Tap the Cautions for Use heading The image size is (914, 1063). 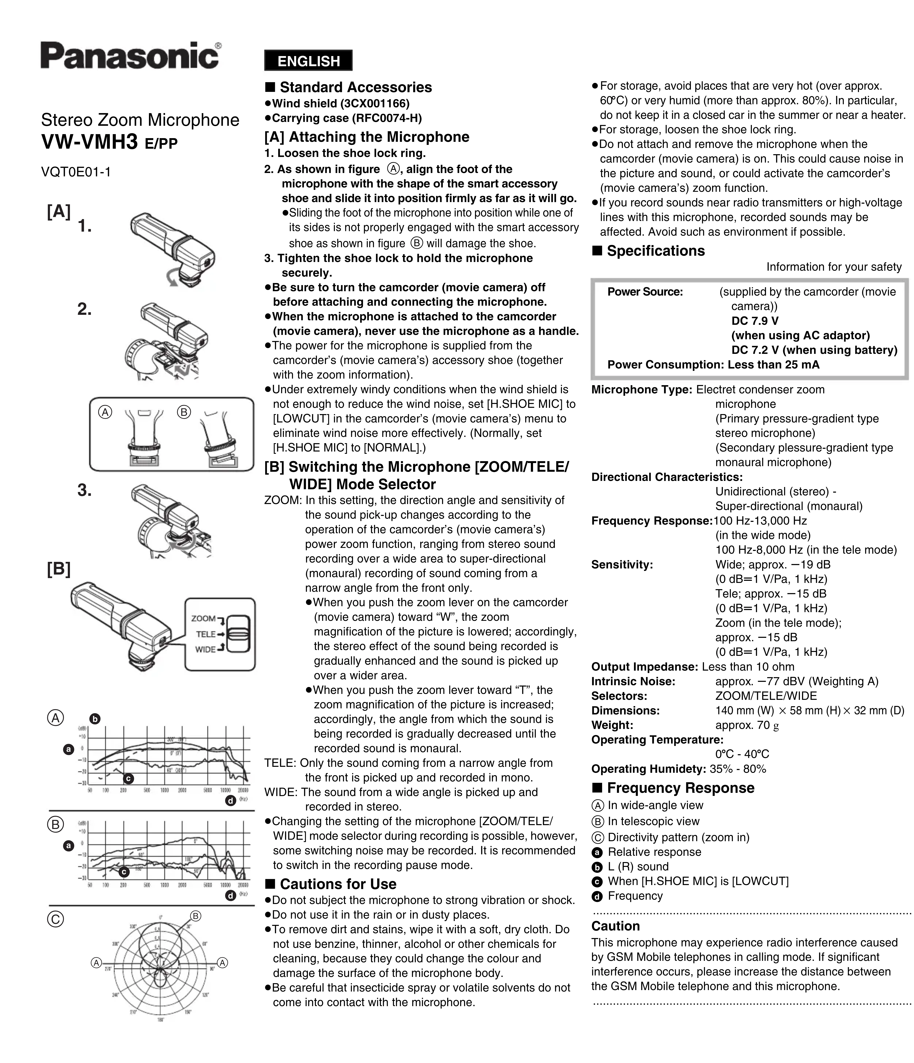pyautogui.click(x=338, y=884)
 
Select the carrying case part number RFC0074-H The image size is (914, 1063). pyautogui.click(x=386, y=119)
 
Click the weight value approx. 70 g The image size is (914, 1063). pyautogui.click(x=747, y=725)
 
